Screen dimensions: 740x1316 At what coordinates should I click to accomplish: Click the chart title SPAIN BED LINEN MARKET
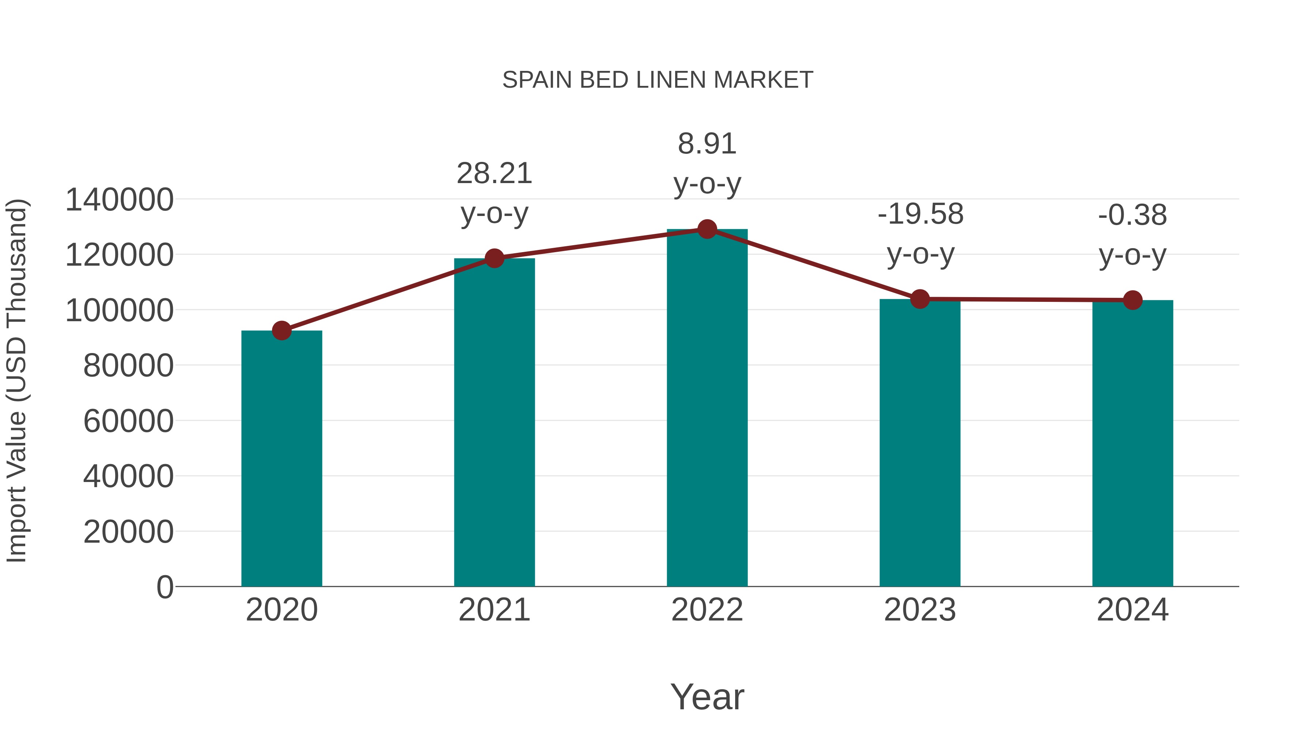(x=658, y=80)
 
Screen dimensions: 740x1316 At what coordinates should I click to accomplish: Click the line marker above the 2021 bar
(x=494, y=258)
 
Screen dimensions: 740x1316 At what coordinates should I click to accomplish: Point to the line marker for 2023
(x=920, y=299)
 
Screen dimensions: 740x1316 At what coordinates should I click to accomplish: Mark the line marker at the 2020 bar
(x=281, y=331)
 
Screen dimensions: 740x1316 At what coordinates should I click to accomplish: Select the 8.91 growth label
(x=707, y=144)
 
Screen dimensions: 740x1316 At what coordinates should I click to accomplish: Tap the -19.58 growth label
(x=920, y=214)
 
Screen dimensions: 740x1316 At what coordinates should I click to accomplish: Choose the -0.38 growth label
(x=1132, y=215)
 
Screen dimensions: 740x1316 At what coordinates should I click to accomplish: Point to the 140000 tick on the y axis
(x=119, y=200)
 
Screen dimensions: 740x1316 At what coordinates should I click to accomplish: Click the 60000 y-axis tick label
(x=128, y=421)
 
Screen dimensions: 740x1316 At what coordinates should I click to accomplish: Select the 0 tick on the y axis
(x=165, y=587)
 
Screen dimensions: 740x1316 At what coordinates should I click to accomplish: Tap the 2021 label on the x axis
(x=494, y=610)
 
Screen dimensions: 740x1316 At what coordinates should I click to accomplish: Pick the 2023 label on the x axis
(x=920, y=610)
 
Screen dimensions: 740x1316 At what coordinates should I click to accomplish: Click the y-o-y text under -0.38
(x=1132, y=255)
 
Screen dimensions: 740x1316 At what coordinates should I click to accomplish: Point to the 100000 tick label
(x=119, y=311)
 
